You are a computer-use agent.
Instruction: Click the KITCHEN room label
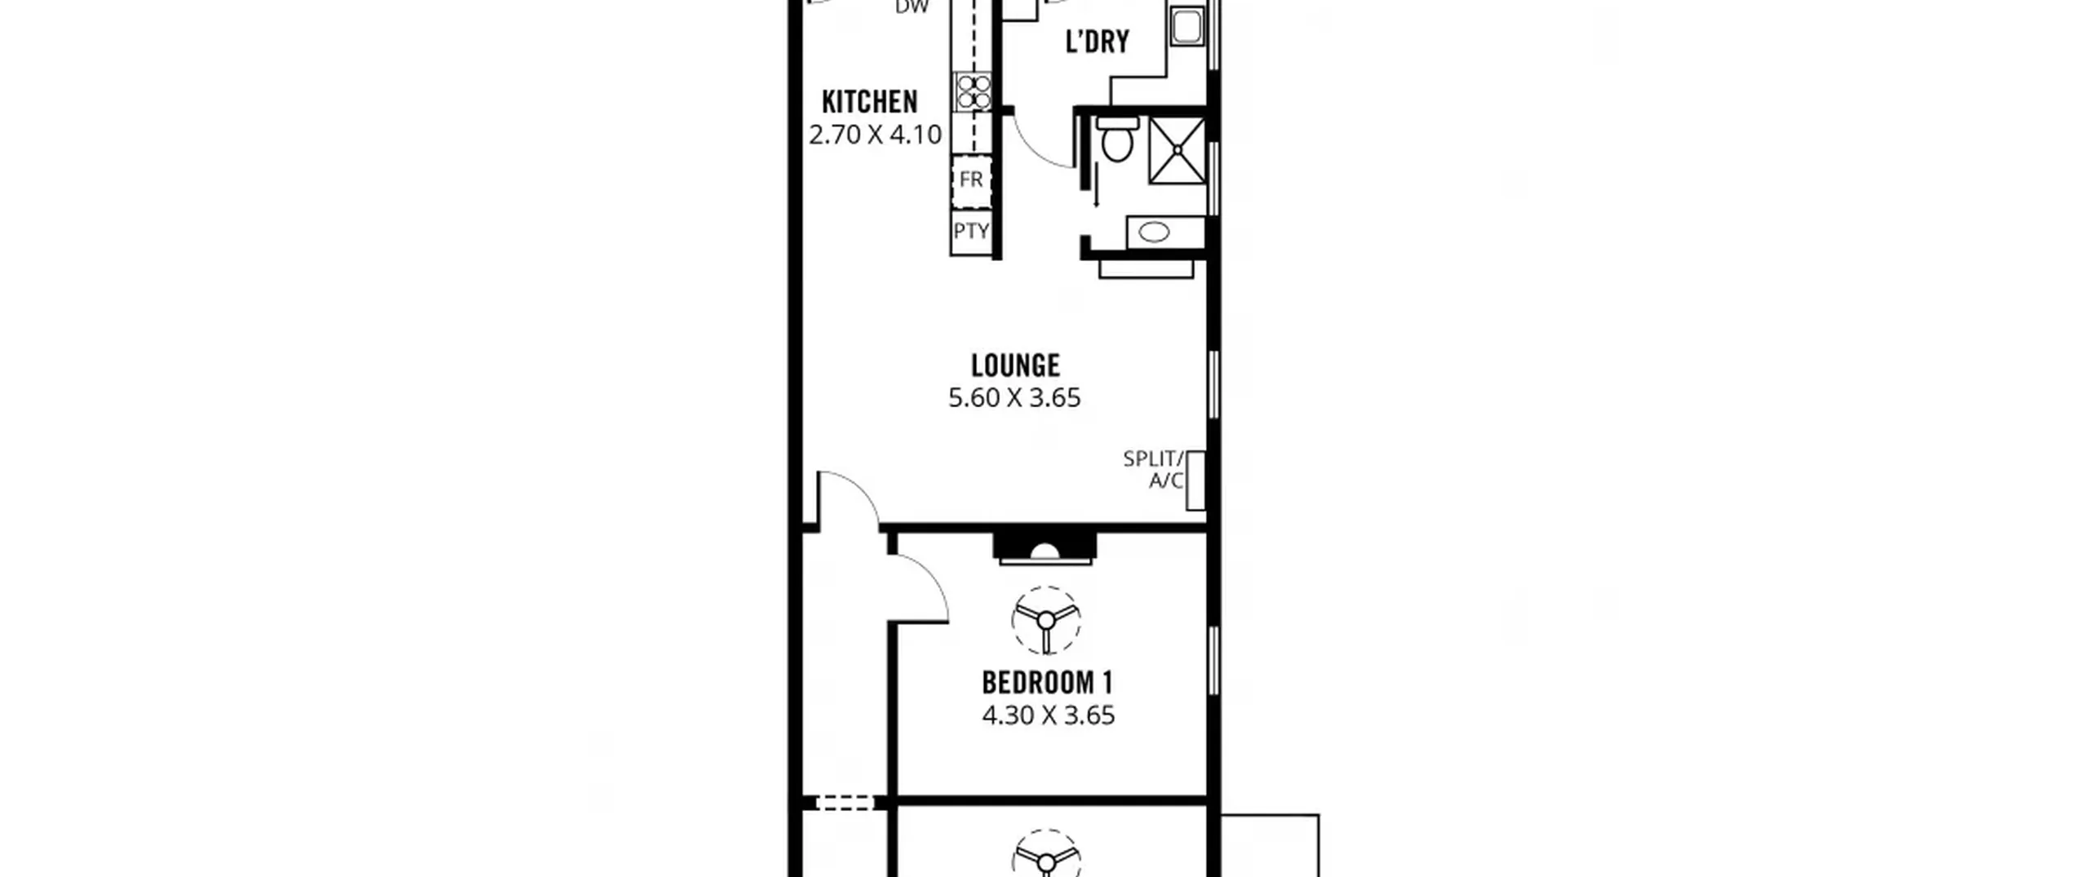[x=870, y=102]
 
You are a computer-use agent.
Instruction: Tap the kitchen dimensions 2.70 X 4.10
[x=876, y=135]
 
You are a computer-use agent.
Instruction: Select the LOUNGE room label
[x=1015, y=365]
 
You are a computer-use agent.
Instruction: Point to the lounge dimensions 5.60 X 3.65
[x=1014, y=398]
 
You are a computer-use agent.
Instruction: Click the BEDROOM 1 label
[x=1048, y=682]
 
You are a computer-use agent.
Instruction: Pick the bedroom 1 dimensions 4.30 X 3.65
[x=1049, y=715]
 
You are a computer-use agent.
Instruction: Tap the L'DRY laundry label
[x=1098, y=41]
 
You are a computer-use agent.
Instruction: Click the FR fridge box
[x=971, y=179]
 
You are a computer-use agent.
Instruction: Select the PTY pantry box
[x=971, y=231]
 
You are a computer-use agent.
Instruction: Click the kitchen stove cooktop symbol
[x=972, y=91]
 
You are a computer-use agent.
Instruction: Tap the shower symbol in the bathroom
[x=1178, y=150]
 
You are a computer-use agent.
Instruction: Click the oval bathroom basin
[x=1154, y=233]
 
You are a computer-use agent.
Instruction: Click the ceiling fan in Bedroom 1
[x=1046, y=621]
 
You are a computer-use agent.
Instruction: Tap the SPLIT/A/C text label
[x=1153, y=470]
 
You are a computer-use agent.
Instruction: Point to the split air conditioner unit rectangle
[x=1195, y=481]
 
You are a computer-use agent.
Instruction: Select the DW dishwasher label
[x=911, y=7]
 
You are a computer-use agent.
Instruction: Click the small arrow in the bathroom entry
[x=1096, y=185]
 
